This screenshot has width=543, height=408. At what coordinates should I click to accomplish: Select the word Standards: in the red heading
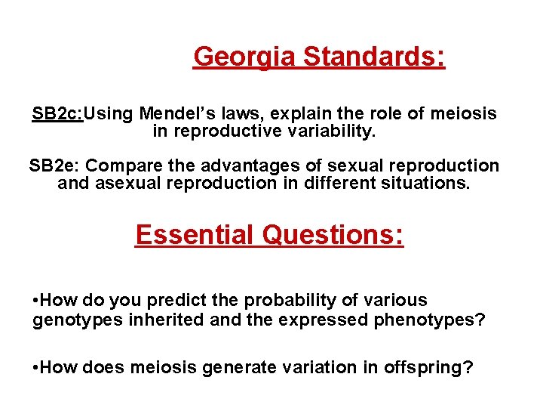[x=374, y=57]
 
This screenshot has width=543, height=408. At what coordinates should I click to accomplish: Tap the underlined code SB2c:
[x=57, y=114]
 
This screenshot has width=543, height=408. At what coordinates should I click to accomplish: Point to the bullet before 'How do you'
[x=37, y=301]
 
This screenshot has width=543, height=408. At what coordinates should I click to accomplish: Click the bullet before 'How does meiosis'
[x=37, y=368]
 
